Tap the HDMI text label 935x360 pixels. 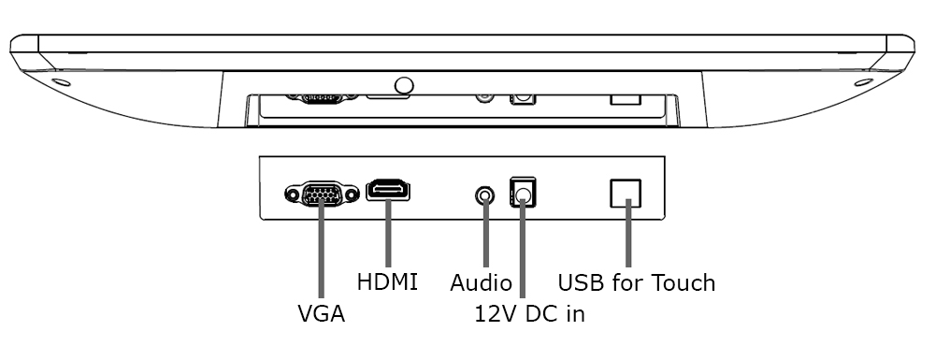click(387, 281)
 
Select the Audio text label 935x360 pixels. click(481, 282)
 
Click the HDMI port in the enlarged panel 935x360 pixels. click(388, 191)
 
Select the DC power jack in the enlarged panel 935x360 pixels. click(522, 194)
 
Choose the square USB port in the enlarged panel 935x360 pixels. click(626, 192)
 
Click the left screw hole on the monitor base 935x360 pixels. click(62, 81)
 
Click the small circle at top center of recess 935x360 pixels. click(404, 85)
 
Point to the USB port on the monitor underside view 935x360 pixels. click(625, 97)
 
